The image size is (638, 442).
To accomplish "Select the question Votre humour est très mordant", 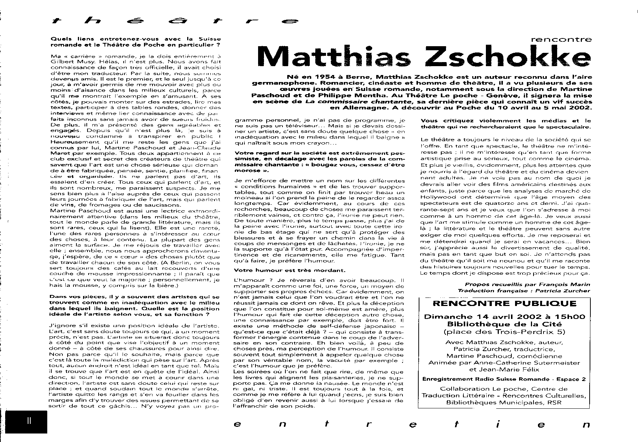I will (289, 270).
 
